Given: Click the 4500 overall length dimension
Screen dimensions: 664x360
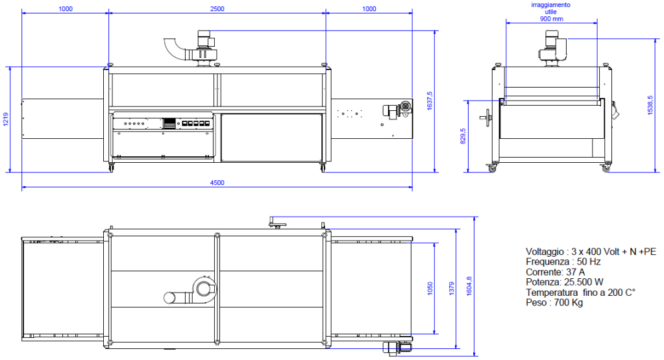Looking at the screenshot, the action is tap(217, 183).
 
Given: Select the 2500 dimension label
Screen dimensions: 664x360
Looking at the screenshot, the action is tap(217, 9).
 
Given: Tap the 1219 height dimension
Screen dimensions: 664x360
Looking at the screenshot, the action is tap(5, 119).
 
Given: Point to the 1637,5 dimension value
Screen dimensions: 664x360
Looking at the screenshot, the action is tap(430, 101).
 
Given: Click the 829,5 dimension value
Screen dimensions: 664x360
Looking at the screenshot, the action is tap(463, 136).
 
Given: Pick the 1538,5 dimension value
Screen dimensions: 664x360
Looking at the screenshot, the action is tap(650, 105).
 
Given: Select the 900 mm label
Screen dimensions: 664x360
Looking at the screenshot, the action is tap(551, 19).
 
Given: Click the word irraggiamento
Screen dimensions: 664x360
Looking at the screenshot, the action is tap(551, 5).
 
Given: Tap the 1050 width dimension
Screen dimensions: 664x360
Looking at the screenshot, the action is tap(430, 289).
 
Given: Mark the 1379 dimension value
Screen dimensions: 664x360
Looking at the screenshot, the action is tap(451, 289).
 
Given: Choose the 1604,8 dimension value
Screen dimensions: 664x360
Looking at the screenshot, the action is tap(469, 286).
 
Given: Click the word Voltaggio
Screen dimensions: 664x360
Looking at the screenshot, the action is tap(545, 252).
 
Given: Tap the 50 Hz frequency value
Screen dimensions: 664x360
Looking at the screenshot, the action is tap(589, 262).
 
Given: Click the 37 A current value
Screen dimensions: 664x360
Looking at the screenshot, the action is tap(576, 272).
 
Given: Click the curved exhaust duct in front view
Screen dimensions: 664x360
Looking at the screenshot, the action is tap(171, 49).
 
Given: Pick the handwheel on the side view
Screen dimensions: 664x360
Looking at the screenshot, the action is tap(487, 117).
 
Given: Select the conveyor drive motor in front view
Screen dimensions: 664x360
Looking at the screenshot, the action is tap(397, 109).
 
